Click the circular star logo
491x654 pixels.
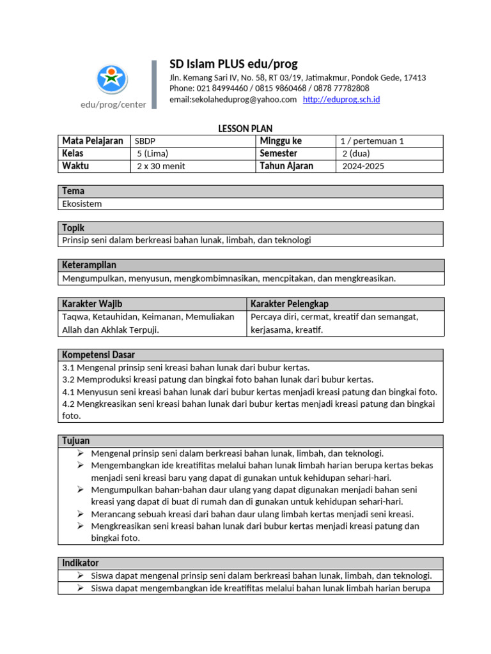113,79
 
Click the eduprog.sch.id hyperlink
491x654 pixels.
341,100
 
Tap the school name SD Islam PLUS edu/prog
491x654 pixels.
233,64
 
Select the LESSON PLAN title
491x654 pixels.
245,129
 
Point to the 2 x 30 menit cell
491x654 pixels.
160,167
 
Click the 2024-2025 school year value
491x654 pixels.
363,167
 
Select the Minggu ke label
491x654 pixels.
281,141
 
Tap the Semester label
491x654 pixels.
279,154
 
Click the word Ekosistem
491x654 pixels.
82,204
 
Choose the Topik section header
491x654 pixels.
74,228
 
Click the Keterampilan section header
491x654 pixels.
89,265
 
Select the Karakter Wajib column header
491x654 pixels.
92,303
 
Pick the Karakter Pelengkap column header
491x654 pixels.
290,303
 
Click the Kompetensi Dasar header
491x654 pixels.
98,354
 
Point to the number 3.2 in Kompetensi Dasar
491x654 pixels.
69,379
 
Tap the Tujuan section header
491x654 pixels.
76,441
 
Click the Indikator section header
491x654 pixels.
81,563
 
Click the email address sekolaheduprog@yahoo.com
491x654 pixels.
233,100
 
